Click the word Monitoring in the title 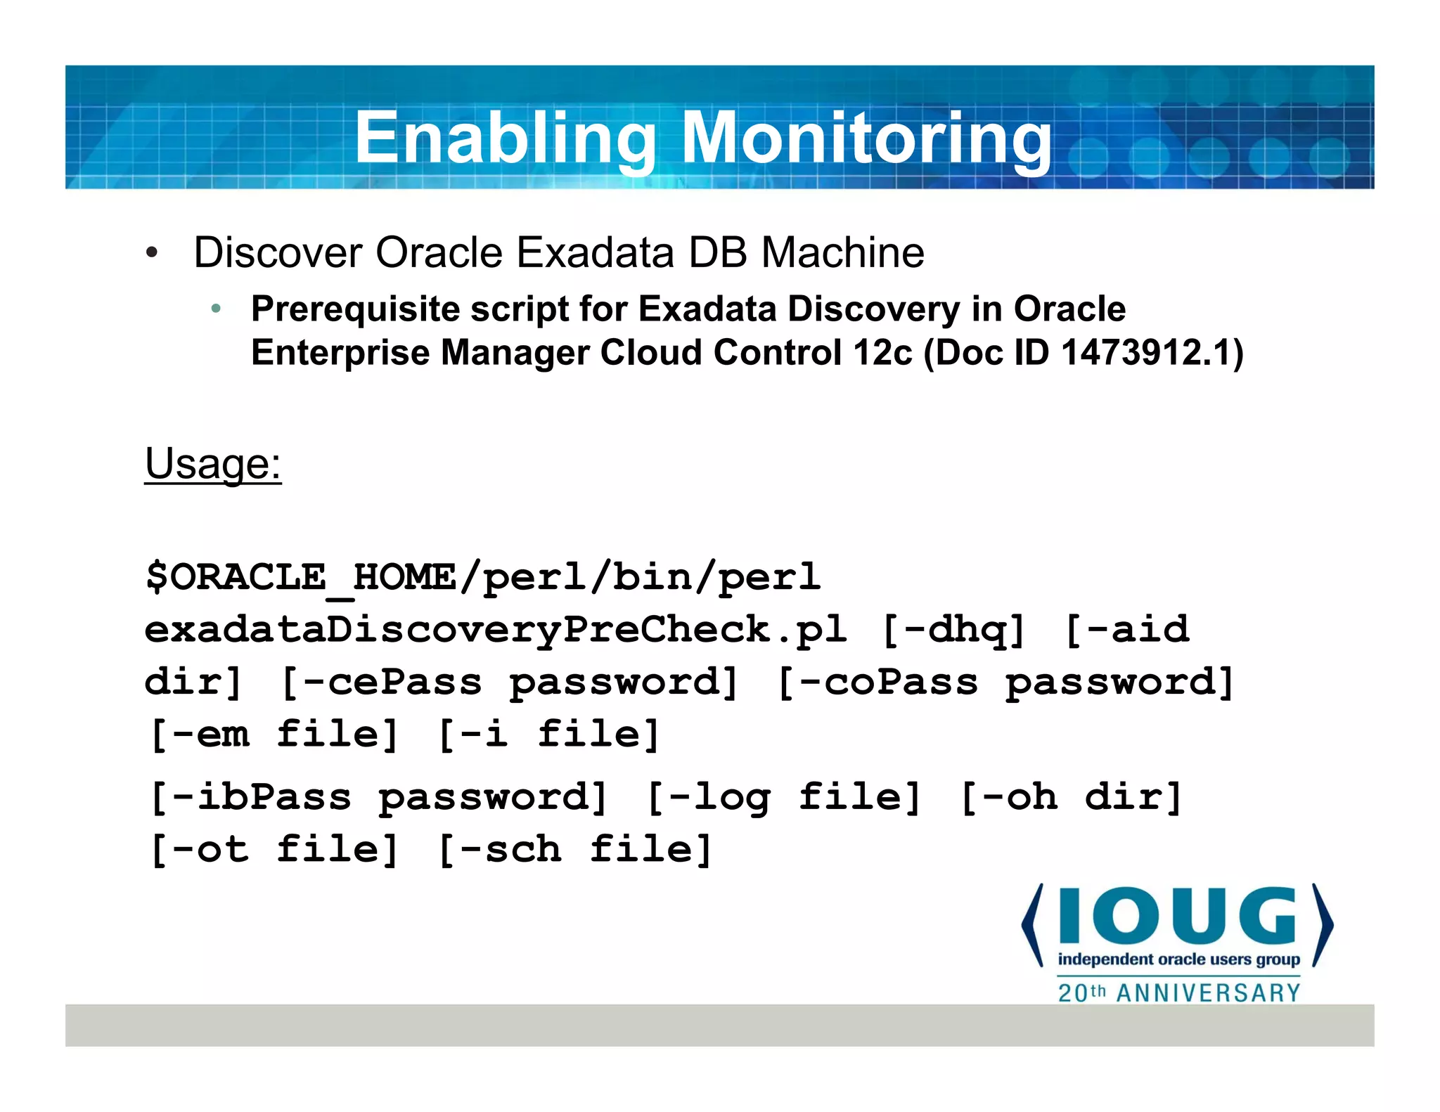[866, 138]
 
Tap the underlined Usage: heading [213, 464]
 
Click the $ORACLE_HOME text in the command [300, 578]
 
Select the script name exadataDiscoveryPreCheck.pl [495, 630]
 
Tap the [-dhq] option [953, 630]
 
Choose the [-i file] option [548, 735]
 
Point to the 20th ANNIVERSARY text [1179, 993]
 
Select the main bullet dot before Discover [152, 253]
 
